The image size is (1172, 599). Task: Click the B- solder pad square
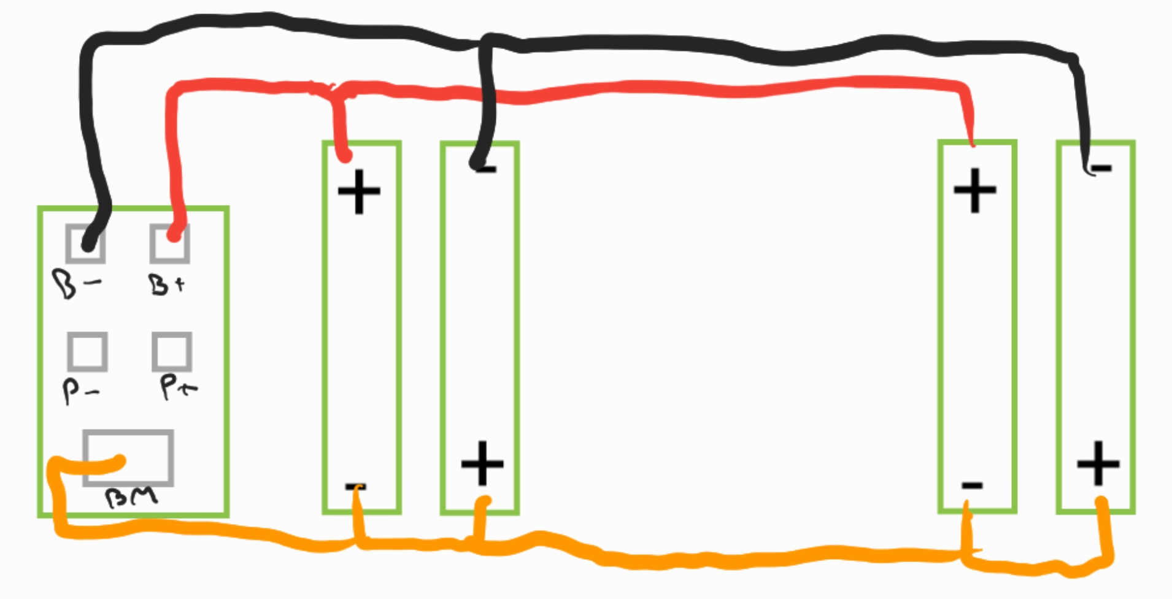tap(86, 244)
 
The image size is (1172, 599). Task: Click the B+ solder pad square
tap(170, 244)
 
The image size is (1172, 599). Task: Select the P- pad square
tap(88, 352)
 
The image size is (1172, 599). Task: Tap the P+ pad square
tap(172, 352)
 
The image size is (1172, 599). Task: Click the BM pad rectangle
tap(128, 458)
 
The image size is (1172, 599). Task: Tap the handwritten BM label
tap(132, 498)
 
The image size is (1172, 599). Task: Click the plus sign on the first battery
tap(359, 191)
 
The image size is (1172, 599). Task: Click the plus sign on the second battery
tap(482, 463)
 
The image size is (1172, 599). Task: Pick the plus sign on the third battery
tap(975, 190)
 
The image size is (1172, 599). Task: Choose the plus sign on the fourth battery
tap(1098, 463)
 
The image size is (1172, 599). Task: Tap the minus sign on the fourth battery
tap(1100, 167)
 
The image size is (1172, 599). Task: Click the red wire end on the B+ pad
tap(174, 234)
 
